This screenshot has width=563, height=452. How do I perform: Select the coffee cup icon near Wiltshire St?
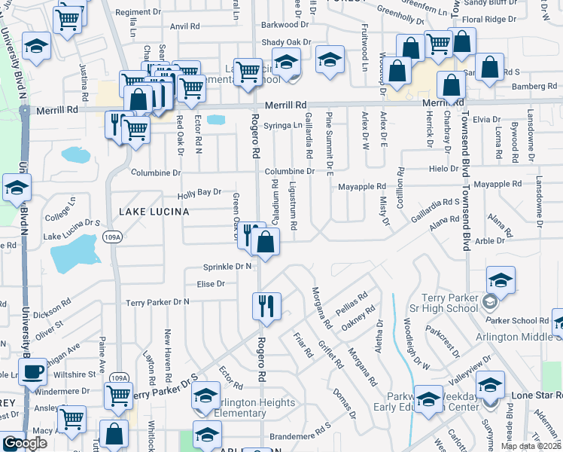32,373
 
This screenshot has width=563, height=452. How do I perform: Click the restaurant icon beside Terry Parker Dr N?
265,305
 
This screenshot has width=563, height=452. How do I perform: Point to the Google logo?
25,443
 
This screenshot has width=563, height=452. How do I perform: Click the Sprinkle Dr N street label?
227,267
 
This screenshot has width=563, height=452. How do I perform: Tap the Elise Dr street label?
211,284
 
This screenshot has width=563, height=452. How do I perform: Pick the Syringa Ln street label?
286,125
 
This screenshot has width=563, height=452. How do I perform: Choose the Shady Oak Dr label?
286,42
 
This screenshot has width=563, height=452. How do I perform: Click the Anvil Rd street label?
185,26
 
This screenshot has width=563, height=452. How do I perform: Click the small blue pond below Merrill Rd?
215,120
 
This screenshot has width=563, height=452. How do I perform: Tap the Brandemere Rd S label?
301,435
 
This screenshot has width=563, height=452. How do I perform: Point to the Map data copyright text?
531,446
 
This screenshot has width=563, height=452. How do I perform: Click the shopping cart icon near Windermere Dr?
118,395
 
